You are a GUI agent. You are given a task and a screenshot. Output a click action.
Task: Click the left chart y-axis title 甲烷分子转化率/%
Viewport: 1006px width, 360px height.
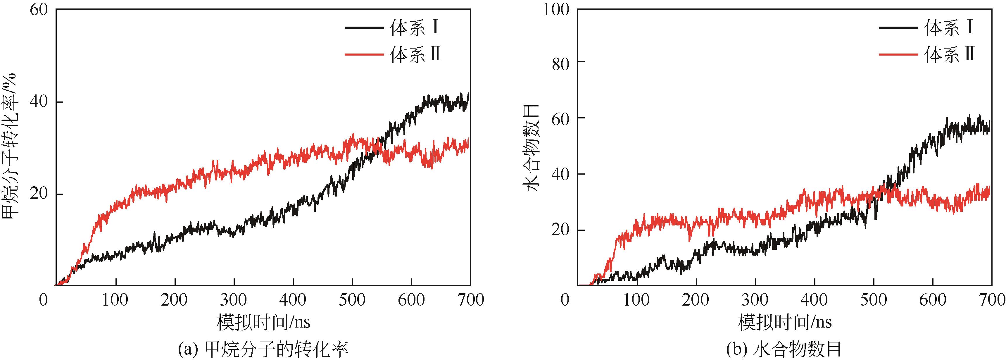pyautogui.click(x=12, y=147)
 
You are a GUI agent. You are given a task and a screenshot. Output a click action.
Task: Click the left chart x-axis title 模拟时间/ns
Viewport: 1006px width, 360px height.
pyautogui.click(x=264, y=323)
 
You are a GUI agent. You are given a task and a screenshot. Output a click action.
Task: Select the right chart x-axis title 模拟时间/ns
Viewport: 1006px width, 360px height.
pyautogui.click(x=785, y=323)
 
